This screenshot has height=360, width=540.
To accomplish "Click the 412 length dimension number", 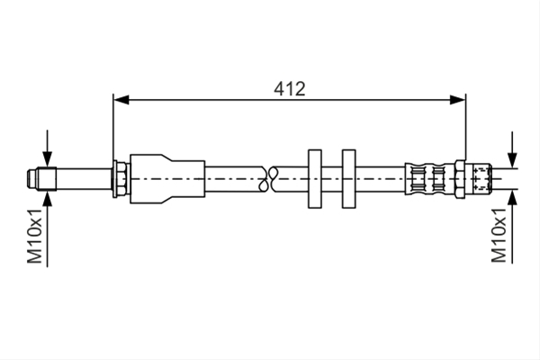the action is pos(289,89).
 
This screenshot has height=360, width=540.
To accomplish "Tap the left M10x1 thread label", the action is pos(35,236).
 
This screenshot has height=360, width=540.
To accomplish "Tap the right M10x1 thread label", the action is pos(499,235).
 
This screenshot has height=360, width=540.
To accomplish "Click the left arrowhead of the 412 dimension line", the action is pos(121,100).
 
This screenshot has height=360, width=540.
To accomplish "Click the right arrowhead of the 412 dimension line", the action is pos(458,100).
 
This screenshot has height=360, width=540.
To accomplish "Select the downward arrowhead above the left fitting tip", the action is pos(48,159).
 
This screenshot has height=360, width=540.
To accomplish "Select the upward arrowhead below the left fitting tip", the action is pos(48,198).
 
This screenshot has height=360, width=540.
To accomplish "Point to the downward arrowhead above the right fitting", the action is pos(512,160).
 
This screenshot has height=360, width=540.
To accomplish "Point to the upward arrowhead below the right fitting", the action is pos(512,197).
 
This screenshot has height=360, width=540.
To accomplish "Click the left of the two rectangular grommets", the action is pos(315,179).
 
